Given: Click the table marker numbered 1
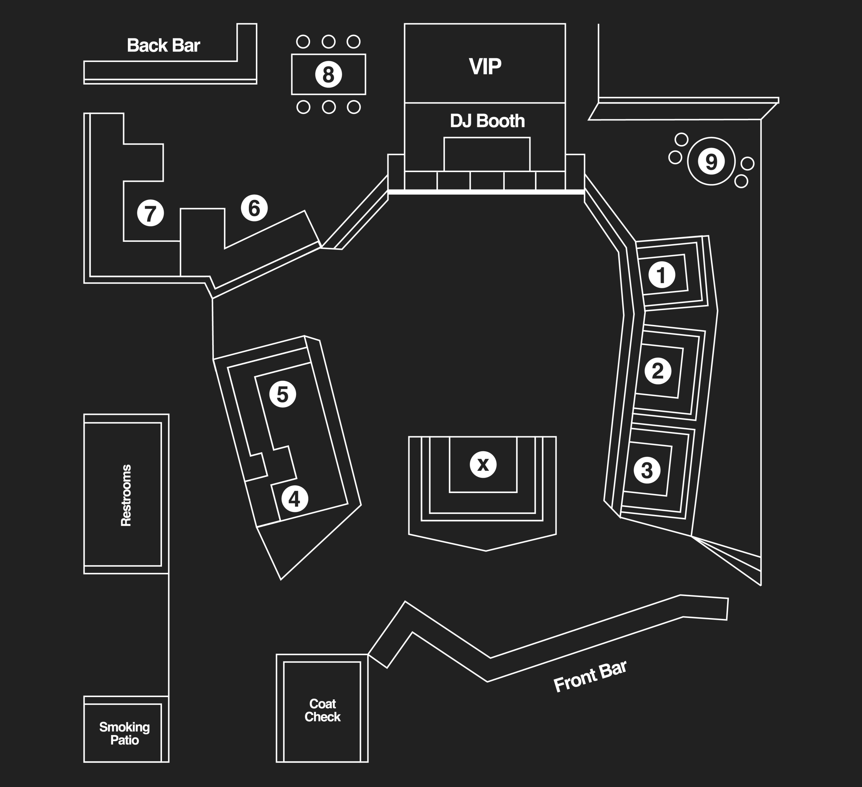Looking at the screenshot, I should (661, 275).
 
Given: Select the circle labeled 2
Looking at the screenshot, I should (658, 371).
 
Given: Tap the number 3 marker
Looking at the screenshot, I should (647, 470).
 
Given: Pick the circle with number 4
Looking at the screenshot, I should (295, 499).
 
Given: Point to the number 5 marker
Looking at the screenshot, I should (283, 394).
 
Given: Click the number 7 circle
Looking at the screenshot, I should (150, 213).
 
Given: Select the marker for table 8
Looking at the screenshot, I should (328, 74).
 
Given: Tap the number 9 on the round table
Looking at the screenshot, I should (710, 161).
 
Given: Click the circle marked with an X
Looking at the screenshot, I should (483, 464).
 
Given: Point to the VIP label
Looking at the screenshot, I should (485, 66).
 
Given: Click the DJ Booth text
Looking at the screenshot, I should (487, 121).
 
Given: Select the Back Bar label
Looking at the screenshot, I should (163, 45).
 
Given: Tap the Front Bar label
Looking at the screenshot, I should (590, 676).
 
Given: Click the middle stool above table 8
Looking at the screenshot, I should (328, 41).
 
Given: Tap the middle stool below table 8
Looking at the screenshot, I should (328, 107).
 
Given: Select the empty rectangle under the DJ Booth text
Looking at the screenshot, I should (487, 154).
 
